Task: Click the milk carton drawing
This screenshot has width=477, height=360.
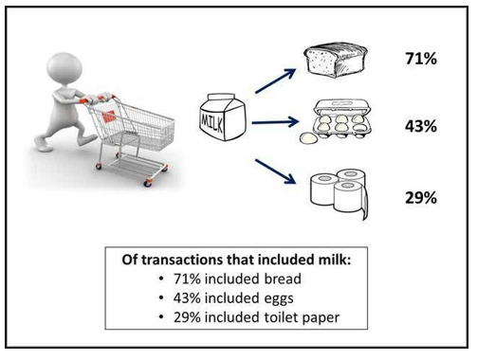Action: (x=223, y=117)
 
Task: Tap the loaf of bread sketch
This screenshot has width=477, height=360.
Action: (x=336, y=60)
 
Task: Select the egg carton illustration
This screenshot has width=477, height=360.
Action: (x=341, y=119)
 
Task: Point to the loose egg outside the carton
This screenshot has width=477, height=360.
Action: (x=308, y=138)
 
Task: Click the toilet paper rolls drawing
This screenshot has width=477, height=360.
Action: (x=339, y=193)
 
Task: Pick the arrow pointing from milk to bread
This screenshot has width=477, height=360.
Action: (x=275, y=81)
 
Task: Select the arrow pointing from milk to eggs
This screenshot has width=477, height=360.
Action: (x=275, y=122)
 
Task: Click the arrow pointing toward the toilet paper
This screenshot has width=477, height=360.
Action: (x=275, y=171)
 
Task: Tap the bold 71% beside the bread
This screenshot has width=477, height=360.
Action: (x=421, y=59)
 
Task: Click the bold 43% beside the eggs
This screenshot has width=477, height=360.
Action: (x=421, y=126)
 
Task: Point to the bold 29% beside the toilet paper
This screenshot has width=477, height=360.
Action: (x=421, y=198)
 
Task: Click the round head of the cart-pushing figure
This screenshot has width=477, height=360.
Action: (x=64, y=68)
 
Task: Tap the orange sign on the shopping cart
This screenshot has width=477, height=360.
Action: (x=109, y=117)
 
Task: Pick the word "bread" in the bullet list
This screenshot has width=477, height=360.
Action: (x=283, y=279)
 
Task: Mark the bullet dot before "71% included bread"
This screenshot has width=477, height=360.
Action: (x=161, y=279)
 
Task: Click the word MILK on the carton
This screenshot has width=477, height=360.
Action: (x=211, y=121)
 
